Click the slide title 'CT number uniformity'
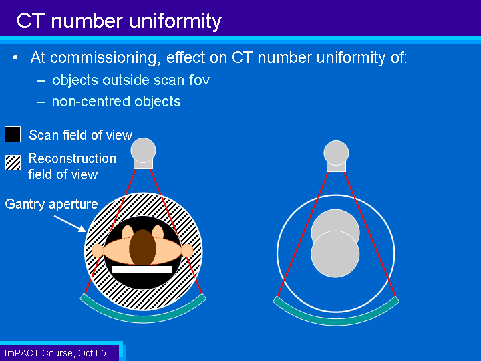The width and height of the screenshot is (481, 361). [x=119, y=21]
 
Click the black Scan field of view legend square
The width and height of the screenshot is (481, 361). [x=13, y=134]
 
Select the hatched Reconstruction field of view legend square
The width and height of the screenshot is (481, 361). [x=13, y=162]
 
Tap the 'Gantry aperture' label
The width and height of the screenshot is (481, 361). [x=51, y=204]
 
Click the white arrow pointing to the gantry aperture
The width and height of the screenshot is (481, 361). [x=70, y=223]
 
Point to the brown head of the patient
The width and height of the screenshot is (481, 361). [x=143, y=247]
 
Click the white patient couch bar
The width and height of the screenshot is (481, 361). [x=142, y=269]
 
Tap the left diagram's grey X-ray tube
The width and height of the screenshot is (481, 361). [x=143, y=153]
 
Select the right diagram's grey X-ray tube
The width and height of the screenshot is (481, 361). [x=336, y=156]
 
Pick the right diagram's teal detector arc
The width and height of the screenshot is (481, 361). [x=336, y=321]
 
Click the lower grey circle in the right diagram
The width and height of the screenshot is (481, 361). [x=335, y=254]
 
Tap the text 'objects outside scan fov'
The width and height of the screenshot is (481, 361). [x=131, y=80]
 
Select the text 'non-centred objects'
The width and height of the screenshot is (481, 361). [x=116, y=102]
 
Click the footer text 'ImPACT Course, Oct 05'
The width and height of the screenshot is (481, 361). [x=55, y=353]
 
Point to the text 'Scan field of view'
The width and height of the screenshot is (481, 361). [x=80, y=135]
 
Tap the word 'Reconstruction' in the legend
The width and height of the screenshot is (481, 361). [x=72, y=158]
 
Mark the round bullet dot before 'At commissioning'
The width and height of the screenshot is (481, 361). [x=15, y=57]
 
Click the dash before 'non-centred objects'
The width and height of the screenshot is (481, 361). [x=41, y=102]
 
